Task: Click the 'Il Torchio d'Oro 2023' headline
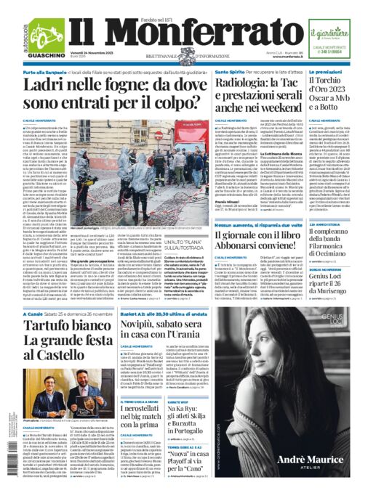(334, 94)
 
